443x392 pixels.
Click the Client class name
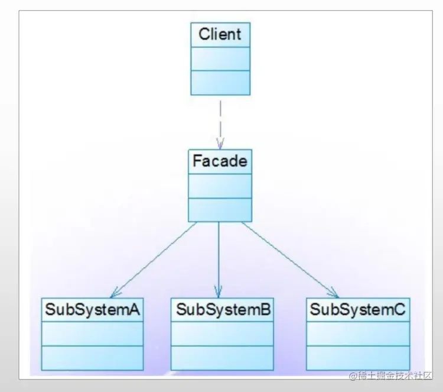(220, 34)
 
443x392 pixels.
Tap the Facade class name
(220, 161)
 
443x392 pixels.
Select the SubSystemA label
(92, 309)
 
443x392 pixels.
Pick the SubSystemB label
(223, 309)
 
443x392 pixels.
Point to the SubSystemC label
(358, 309)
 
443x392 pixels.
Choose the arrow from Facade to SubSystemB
(219, 257)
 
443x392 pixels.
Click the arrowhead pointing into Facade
(220, 144)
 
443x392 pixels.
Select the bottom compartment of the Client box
(220, 83)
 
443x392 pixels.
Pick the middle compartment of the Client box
(220, 59)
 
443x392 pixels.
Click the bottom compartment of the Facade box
(220, 210)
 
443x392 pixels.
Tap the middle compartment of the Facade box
(220, 186)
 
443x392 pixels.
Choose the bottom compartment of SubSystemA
(92, 358)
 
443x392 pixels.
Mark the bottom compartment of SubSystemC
(358, 358)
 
